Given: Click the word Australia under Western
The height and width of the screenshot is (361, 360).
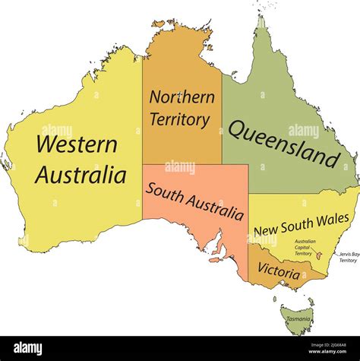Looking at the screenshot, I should [80, 176].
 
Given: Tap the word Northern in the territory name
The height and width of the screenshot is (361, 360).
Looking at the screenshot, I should [181, 97].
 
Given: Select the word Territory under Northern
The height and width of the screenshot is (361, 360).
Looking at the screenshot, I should [179, 119].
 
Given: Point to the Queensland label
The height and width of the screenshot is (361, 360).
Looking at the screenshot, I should [283, 144].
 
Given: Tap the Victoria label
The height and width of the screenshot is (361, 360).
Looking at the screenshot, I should [278, 270].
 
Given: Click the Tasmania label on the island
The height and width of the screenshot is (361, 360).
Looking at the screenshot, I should [298, 319].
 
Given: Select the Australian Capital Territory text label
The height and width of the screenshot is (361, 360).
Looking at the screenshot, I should [305, 247].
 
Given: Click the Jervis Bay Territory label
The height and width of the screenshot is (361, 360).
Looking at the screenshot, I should [348, 257].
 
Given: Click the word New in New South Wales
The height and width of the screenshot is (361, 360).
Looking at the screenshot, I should [266, 230].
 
